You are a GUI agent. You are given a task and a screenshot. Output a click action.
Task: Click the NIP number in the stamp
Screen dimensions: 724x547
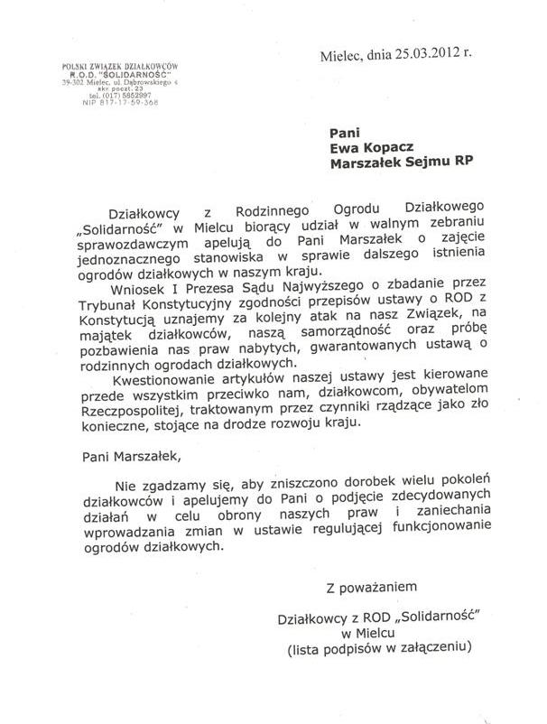[x=118, y=101]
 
